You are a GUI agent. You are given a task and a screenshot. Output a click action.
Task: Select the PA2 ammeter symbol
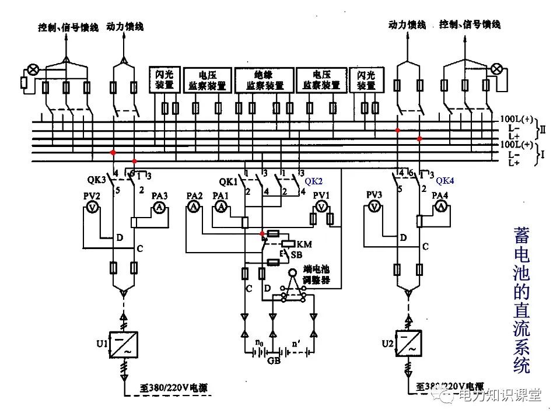(194, 207)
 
